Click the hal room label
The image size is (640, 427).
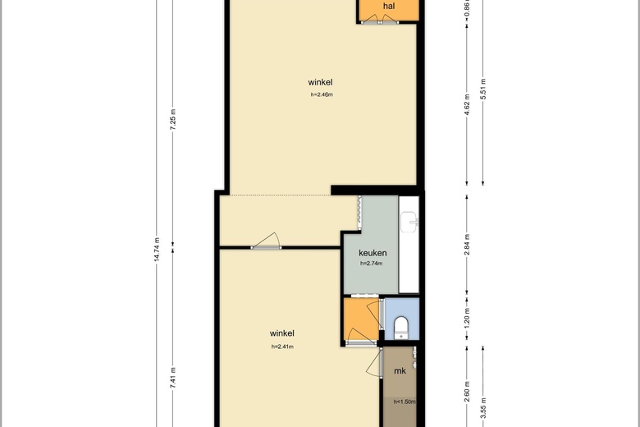[x=389, y=6]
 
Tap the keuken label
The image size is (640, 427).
[x=373, y=253]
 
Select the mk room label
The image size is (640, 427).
[x=400, y=370]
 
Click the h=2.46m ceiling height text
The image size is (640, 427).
[x=322, y=94]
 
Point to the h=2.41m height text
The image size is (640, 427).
[x=282, y=347]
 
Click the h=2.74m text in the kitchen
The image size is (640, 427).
[x=372, y=264]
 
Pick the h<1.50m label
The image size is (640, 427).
[x=405, y=402]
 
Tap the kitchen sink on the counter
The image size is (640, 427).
[x=409, y=222]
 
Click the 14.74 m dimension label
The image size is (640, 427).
[x=157, y=250]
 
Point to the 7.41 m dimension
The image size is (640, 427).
[x=172, y=378]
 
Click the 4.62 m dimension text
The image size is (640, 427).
[x=467, y=104]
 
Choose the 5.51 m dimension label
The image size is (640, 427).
[x=482, y=89]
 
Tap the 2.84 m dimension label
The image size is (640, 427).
[x=467, y=245]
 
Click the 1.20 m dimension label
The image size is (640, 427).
[x=467, y=318]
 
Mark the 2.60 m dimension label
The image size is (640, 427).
[x=467, y=392]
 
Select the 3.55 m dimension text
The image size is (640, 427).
[x=482, y=408]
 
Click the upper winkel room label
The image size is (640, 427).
[x=320, y=82]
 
